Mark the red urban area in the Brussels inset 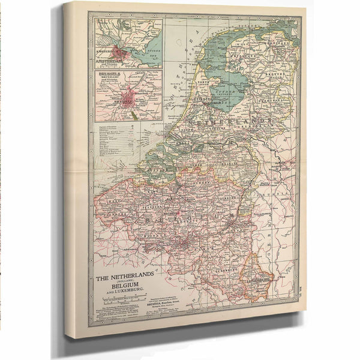pos(129,96)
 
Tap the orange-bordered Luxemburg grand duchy pos(257,277)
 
